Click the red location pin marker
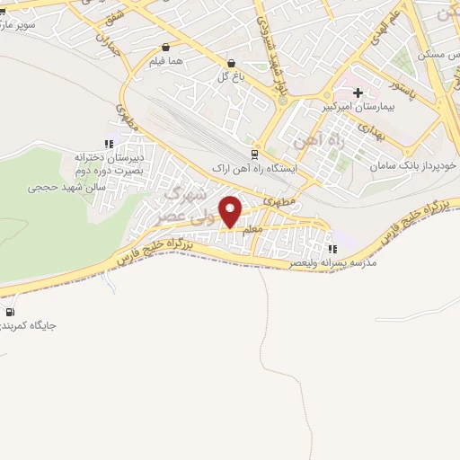(x=231, y=211)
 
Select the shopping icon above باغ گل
(x=232, y=64)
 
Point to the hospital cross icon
(x=358, y=93)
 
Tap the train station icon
(x=254, y=153)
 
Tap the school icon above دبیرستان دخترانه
(x=109, y=143)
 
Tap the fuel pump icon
(x=9, y=312)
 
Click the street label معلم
(x=252, y=230)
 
